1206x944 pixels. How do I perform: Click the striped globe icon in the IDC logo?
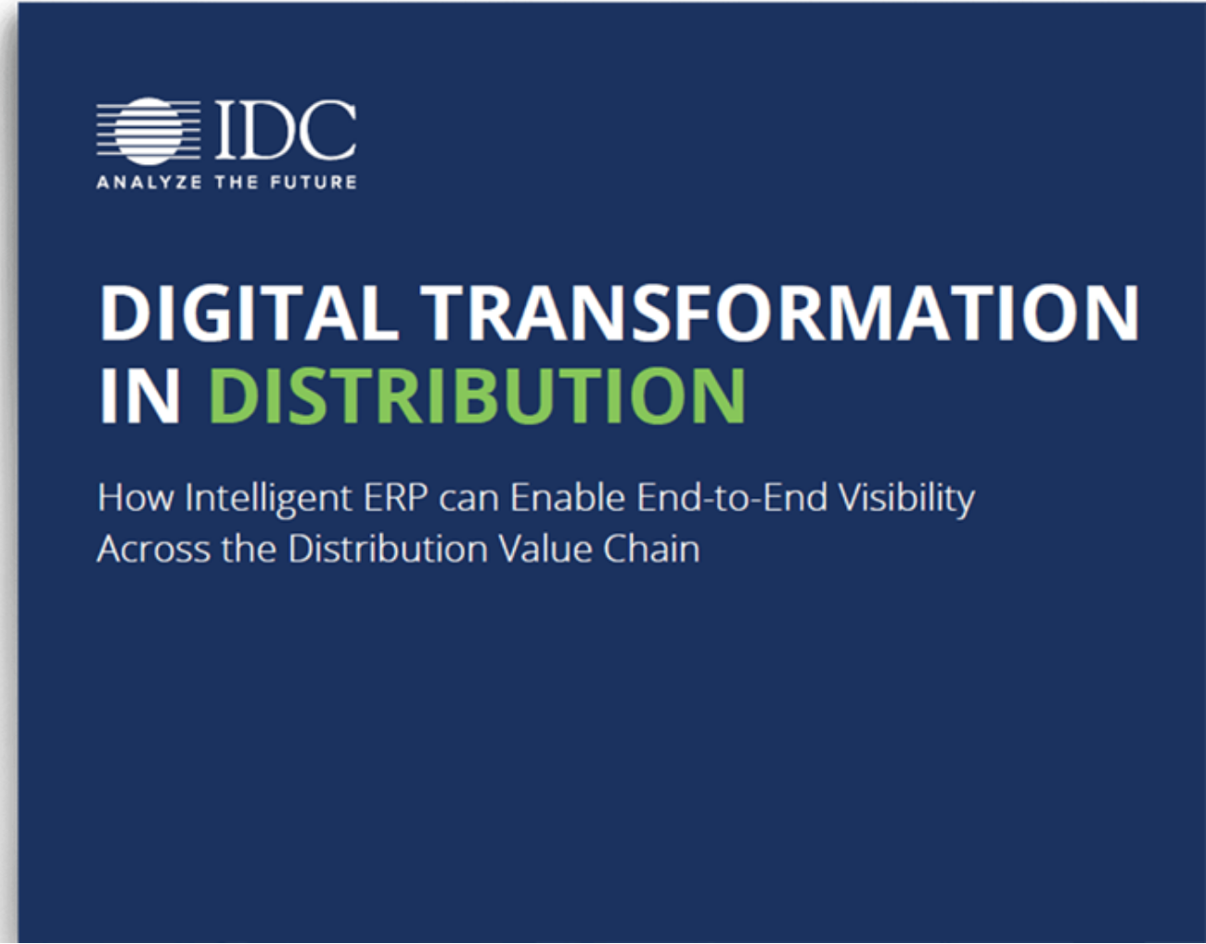click(x=148, y=132)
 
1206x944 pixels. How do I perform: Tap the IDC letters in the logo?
click(x=286, y=130)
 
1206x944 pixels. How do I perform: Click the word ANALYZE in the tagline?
click(x=149, y=182)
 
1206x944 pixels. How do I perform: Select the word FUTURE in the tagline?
click(x=314, y=182)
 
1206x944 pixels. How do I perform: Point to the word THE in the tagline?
click(x=237, y=182)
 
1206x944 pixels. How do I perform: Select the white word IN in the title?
click(x=139, y=395)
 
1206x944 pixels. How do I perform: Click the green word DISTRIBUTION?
click(x=477, y=395)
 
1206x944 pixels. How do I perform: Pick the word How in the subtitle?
click(x=135, y=498)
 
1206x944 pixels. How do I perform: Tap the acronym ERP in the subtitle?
click(x=396, y=498)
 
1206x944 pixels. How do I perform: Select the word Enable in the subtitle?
click(x=568, y=497)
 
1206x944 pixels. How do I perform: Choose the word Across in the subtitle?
click(x=154, y=550)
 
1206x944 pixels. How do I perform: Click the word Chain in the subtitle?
click(x=651, y=549)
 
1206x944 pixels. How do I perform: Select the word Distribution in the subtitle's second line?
click(x=388, y=549)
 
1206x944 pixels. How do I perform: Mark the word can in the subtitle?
click(x=469, y=500)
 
